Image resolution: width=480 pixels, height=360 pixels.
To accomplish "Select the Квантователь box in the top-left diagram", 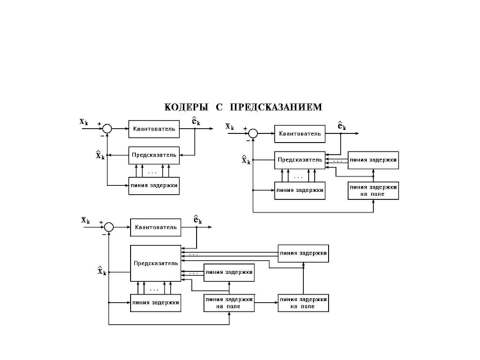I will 154,128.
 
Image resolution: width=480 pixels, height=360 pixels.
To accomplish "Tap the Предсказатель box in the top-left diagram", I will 154,155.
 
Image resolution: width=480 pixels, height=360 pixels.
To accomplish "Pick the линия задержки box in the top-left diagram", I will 154,185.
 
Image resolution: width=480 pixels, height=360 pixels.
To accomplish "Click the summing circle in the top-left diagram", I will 107,128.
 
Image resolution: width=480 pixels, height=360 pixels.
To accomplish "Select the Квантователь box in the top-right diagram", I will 300,134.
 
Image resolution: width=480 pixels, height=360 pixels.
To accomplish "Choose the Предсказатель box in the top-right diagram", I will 300,160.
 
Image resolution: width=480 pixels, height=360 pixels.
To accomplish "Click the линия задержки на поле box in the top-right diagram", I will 373,191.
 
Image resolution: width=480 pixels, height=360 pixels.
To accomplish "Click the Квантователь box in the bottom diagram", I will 156,227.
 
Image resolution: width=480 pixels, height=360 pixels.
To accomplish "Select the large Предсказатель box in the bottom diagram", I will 155,263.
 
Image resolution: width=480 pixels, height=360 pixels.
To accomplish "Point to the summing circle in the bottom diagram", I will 109,227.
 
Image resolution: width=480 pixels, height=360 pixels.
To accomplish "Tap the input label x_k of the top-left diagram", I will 85,121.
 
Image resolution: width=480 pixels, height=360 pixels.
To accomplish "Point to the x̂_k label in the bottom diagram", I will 102,271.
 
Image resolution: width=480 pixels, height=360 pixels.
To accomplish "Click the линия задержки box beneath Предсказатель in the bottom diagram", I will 155,302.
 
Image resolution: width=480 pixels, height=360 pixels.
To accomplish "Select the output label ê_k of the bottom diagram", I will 197,220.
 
